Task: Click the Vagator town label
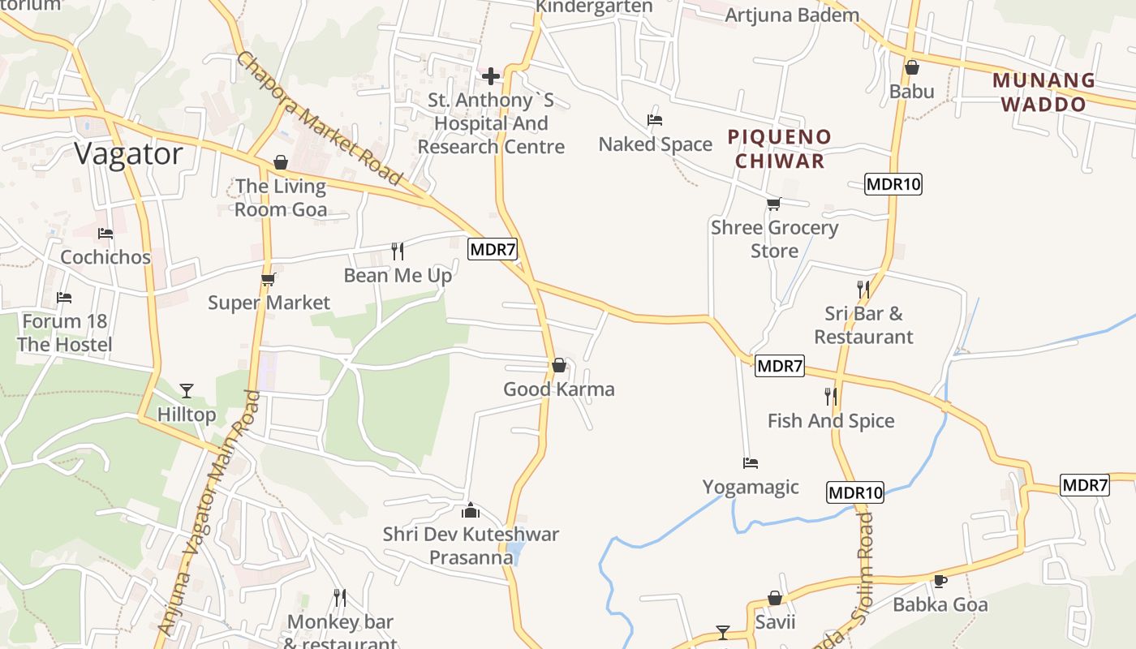coord(129,153)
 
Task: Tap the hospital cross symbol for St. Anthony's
coord(491,76)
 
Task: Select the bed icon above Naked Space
coord(655,120)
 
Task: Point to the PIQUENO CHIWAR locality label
coord(780,148)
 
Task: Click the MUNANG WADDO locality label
coord(1043,92)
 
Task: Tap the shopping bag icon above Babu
coord(911,67)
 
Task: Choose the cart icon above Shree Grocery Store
coord(774,204)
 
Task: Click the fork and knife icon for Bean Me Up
coord(398,251)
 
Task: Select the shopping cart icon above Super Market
coord(269,279)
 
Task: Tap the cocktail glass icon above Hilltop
coord(187,391)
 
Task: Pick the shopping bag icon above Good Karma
coord(559,365)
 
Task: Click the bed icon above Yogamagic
coord(751,463)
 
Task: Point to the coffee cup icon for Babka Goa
coord(940,581)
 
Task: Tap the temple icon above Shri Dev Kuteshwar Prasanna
coord(471,510)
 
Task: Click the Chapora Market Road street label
coord(320,118)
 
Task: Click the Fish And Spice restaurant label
coord(831,420)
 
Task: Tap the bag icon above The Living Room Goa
coord(281,162)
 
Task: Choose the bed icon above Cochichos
coord(105,234)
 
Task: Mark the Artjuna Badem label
coord(781,15)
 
